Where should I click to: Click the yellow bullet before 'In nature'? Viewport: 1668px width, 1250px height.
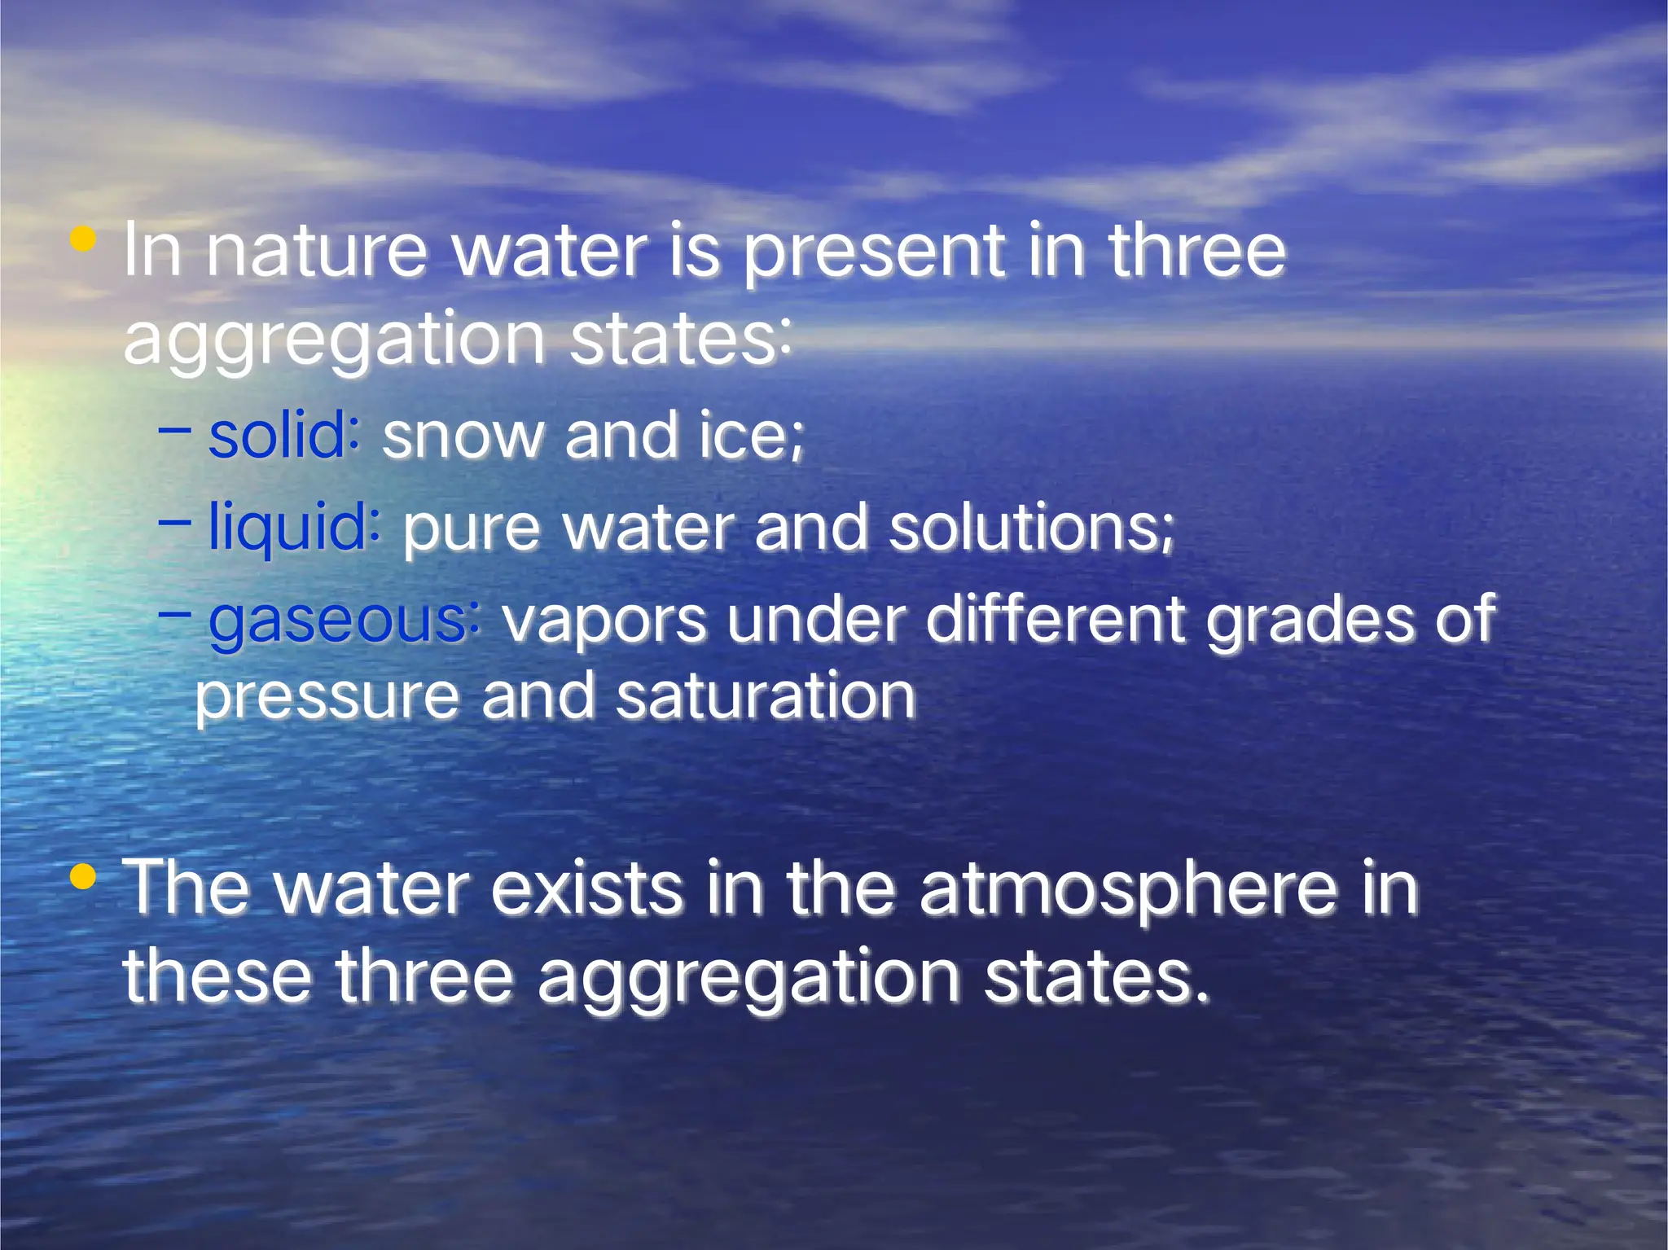click(83, 239)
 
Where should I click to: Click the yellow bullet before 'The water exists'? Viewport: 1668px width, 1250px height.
click(83, 877)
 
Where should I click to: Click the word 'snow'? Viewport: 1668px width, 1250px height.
click(463, 437)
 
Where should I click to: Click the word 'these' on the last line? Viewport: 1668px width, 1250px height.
click(217, 976)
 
